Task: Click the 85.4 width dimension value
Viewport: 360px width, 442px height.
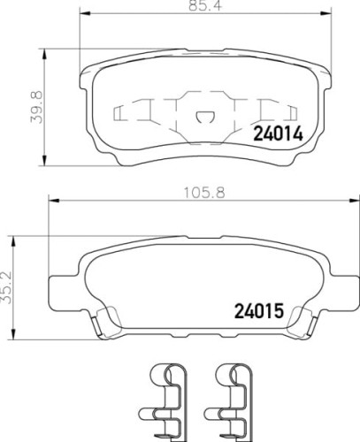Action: point(204,5)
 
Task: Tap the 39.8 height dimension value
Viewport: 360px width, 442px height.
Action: point(37,107)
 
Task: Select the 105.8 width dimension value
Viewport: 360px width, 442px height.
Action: point(204,193)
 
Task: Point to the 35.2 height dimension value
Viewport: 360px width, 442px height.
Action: point(6,287)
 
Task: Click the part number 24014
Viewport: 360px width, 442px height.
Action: point(279,134)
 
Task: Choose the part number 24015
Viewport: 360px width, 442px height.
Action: point(259,311)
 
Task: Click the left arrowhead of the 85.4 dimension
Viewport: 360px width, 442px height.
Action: point(86,12)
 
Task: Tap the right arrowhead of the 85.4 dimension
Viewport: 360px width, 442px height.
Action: point(326,12)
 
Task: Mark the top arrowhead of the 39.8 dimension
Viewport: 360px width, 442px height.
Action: point(44,54)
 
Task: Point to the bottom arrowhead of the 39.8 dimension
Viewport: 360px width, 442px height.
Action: point(44,160)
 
